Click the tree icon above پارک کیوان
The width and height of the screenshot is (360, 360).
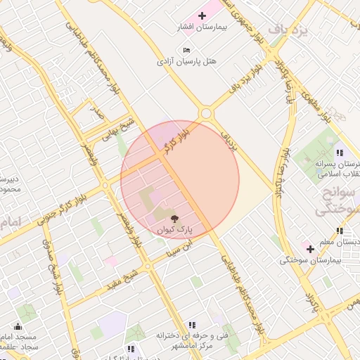pos(174,218)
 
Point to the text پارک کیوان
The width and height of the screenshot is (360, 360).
pos(174,229)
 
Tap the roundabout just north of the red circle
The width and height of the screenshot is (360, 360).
pos(206,113)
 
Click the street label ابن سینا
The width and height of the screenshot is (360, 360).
pos(177,247)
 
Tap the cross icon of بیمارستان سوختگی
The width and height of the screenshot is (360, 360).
pos(309,249)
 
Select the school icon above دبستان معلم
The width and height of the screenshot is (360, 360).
pos(340,231)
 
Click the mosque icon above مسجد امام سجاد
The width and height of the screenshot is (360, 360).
pos(18,327)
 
